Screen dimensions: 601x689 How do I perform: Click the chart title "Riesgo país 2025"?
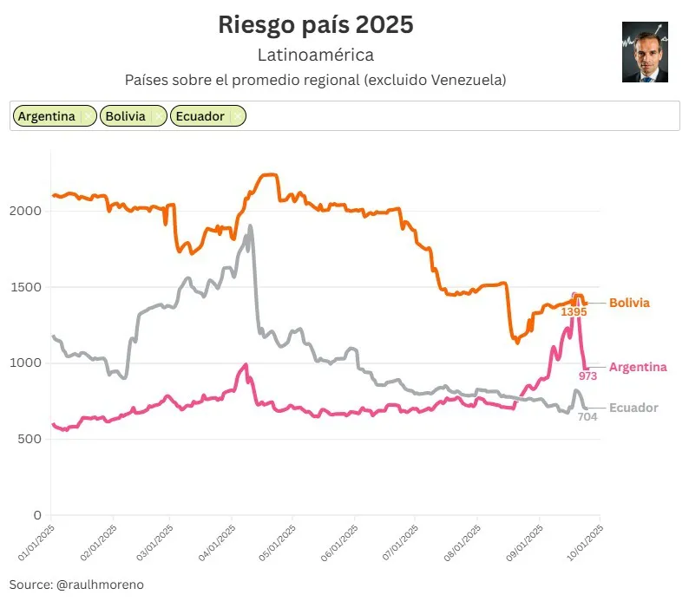pyautogui.click(x=316, y=25)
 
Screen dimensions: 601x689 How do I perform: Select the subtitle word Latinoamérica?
pyautogui.click(x=316, y=56)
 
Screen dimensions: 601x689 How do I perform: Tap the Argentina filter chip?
pyautogui.click(x=47, y=116)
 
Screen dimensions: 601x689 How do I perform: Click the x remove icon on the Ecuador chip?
pyautogui.click(x=237, y=116)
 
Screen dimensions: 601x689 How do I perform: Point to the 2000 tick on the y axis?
pyautogui.click(x=28, y=211)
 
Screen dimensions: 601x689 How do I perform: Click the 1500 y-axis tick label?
pyautogui.click(x=28, y=287)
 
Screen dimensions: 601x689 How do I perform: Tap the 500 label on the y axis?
pyautogui.click(x=31, y=439)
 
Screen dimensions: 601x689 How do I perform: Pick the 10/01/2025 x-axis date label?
pyautogui.click(x=582, y=539)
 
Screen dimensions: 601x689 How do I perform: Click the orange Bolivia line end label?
pyautogui.click(x=629, y=303)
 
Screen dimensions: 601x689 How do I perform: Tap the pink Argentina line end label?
pyautogui.click(x=638, y=367)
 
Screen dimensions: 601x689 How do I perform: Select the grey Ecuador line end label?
pyautogui.click(x=633, y=408)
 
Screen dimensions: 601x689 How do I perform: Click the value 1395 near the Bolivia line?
pyautogui.click(x=574, y=311)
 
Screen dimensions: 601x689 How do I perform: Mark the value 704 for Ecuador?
pyautogui.click(x=587, y=416)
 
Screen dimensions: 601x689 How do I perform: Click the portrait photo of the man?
pyautogui.click(x=645, y=52)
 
